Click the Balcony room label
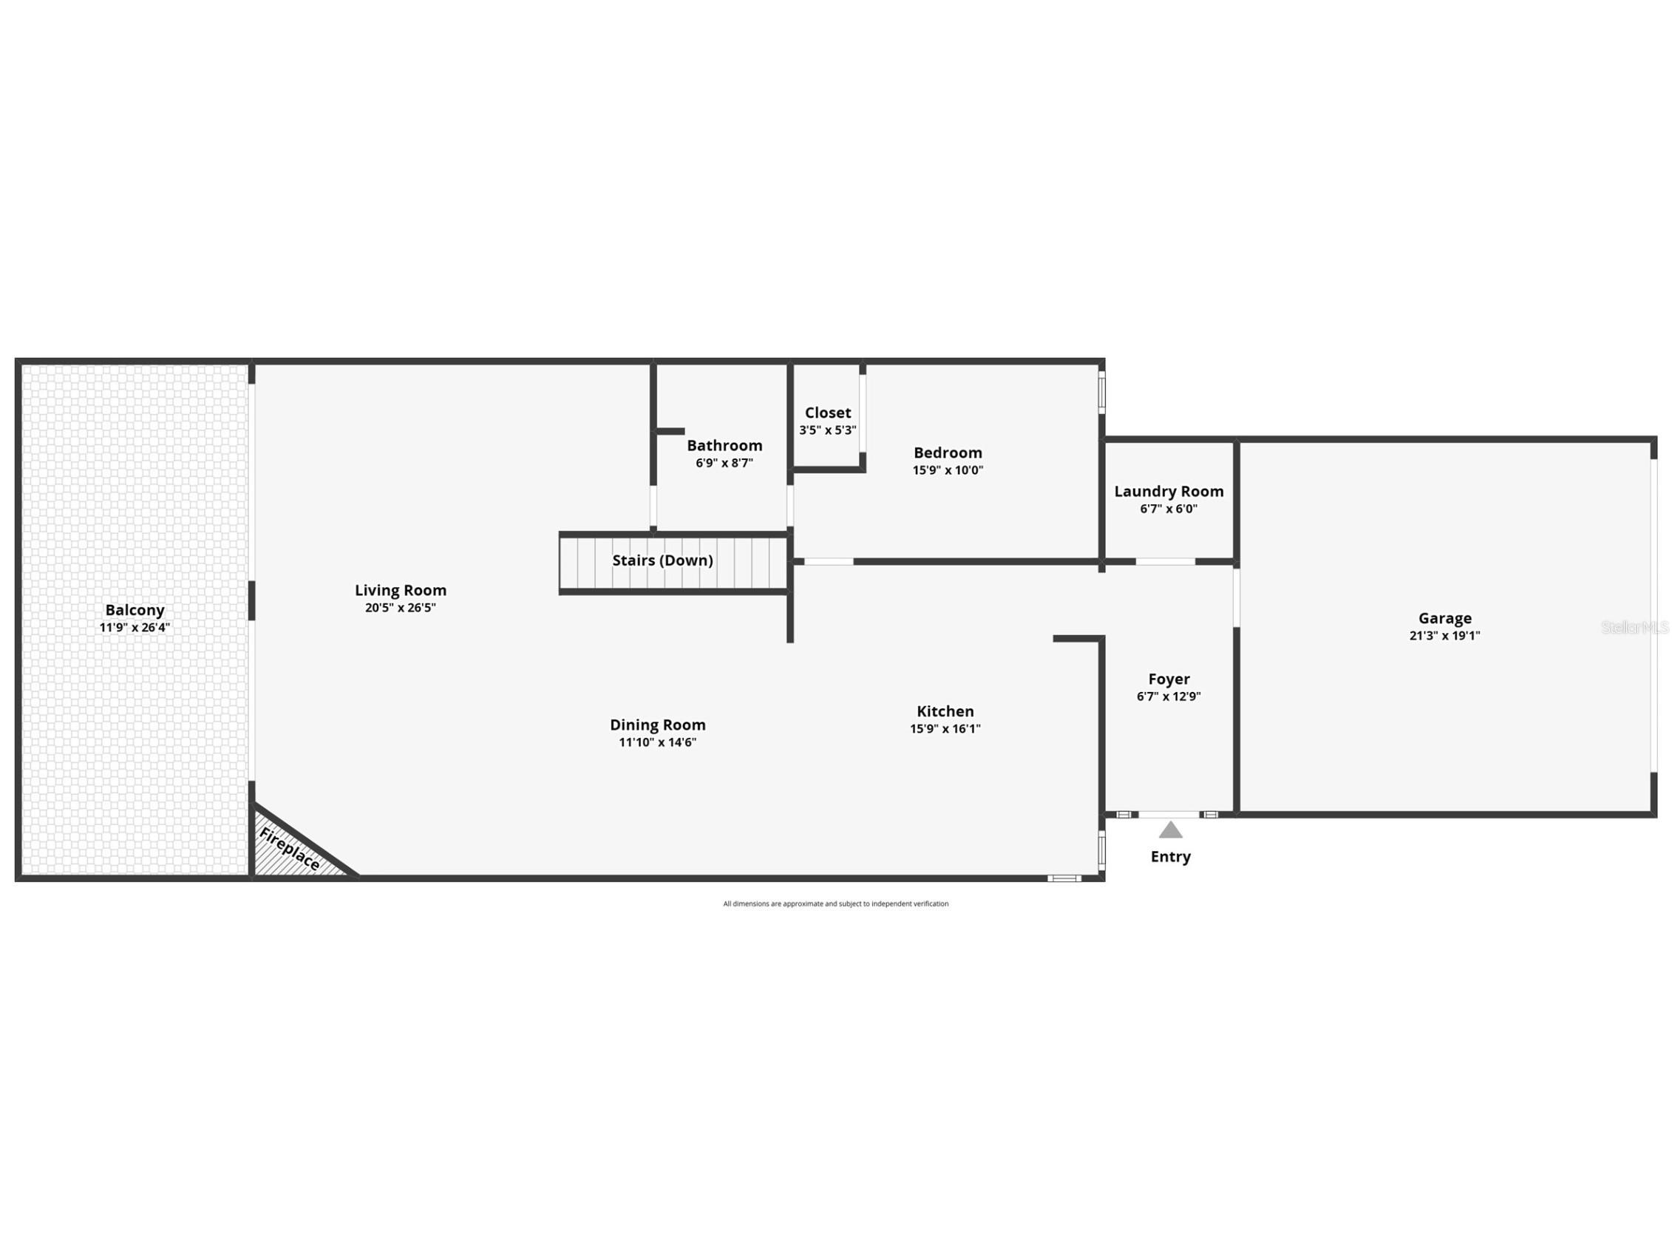(x=135, y=610)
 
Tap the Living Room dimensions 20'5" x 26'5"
(x=400, y=608)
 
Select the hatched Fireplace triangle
(x=291, y=851)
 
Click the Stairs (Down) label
(x=662, y=560)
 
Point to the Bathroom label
(x=724, y=445)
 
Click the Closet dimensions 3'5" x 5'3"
(x=828, y=430)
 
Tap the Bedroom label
(x=948, y=453)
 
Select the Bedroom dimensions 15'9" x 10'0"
(x=948, y=470)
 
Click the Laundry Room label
(x=1169, y=491)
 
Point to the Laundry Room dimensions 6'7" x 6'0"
(x=1169, y=509)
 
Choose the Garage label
(x=1444, y=618)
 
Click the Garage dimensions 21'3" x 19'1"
(x=1444, y=636)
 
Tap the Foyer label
(x=1169, y=679)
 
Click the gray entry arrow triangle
(x=1170, y=831)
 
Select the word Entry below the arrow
(x=1170, y=856)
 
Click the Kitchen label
(x=945, y=711)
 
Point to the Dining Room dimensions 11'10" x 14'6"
(x=658, y=742)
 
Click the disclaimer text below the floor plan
(x=835, y=904)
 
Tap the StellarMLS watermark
(x=1634, y=628)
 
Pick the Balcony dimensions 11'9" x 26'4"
(x=135, y=628)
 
